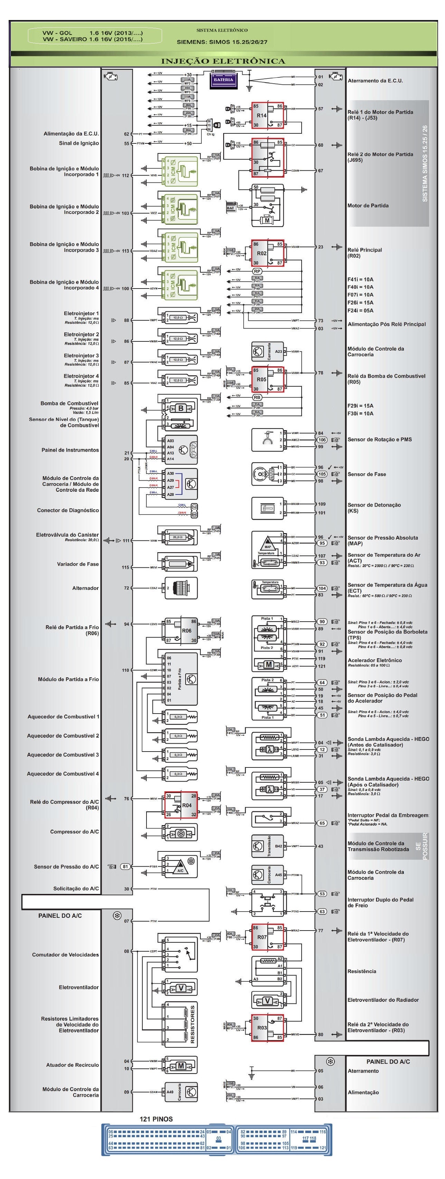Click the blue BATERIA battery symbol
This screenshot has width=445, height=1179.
[x=223, y=79]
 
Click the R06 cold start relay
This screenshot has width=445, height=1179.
[x=181, y=630]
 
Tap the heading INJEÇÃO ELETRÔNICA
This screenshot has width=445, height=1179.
[x=223, y=61]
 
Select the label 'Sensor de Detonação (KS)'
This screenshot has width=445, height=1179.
[x=374, y=508]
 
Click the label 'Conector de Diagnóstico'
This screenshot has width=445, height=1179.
[x=68, y=510]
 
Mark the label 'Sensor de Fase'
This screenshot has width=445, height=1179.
[x=366, y=474]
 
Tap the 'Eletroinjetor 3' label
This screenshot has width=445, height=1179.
[x=81, y=355]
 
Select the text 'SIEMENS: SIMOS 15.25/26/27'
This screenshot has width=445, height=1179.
[x=222, y=42]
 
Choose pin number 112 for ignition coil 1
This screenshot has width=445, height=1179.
[x=125, y=175]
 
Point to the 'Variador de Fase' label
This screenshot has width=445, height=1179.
[x=78, y=564]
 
